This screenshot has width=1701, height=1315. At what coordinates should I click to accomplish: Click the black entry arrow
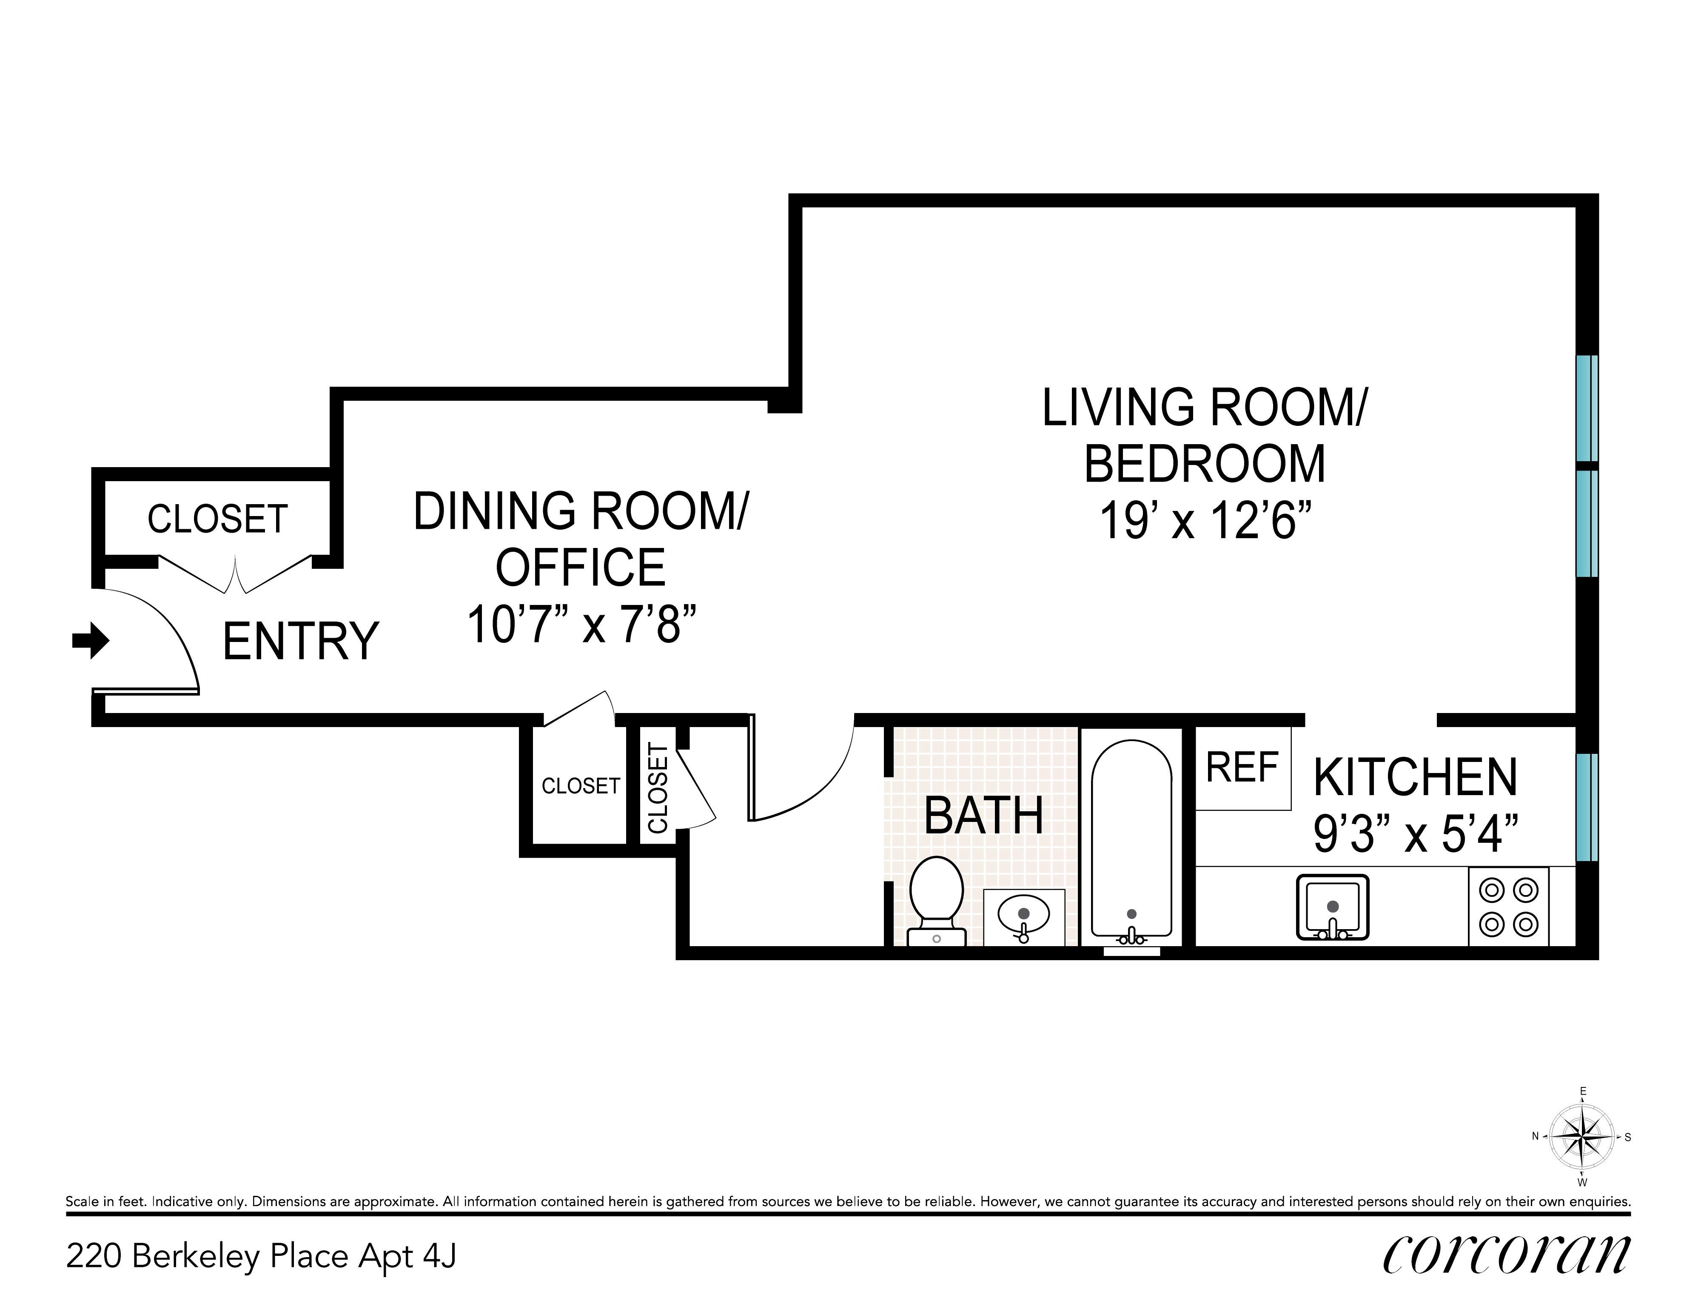point(90,640)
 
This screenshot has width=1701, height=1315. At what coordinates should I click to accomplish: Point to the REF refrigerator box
point(1243,768)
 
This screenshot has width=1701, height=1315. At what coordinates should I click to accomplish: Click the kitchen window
point(1587,807)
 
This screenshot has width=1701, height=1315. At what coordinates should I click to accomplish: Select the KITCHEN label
point(1415,777)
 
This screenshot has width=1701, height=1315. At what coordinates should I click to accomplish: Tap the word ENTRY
point(301,641)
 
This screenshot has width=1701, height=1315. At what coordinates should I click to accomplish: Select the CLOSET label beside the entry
point(218,519)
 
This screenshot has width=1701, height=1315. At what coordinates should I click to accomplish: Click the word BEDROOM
point(1205,464)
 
